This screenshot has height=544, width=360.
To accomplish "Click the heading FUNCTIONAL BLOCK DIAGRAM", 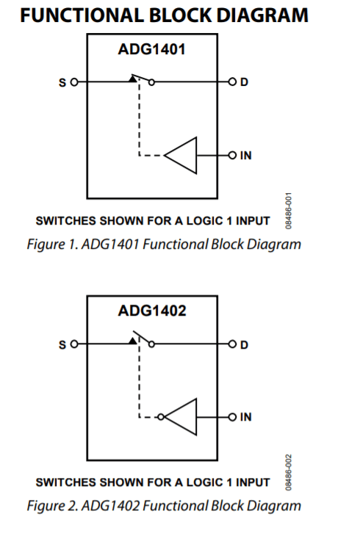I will click(x=164, y=14).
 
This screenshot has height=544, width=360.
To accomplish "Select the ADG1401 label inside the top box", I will click(x=151, y=51).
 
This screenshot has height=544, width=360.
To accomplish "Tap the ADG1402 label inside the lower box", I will click(x=151, y=311).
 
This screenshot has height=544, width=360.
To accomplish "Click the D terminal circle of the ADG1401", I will click(x=231, y=81).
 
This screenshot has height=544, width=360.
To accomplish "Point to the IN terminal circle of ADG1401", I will click(x=231, y=156).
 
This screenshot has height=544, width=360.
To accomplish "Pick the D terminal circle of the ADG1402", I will click(x=231, y=342).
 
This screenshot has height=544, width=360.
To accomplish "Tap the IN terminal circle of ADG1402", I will click(x=231, y=416).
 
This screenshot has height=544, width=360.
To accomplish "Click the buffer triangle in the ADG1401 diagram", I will click(x=184, y=156).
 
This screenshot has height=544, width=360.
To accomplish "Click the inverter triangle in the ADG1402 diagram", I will click(x=184, y=416).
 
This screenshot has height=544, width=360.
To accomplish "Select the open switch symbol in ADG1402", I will click(x=141, y=339).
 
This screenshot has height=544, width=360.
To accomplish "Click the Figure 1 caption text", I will click(x=164, y=244).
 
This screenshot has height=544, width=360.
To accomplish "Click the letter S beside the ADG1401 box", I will click(x=62, y=81).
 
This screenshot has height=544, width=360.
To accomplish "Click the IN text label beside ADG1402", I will click(x=246, y=416).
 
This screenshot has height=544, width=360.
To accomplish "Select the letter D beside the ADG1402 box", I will click(x=245, y=342).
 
